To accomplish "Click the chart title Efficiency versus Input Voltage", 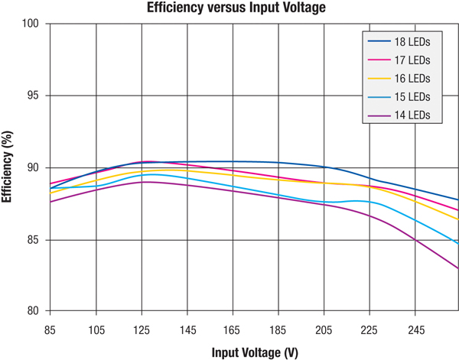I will click(229, 8).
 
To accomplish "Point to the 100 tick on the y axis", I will click(33, 24).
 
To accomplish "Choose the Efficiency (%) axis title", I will click(8, 167).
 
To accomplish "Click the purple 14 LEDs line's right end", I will click(457, 268).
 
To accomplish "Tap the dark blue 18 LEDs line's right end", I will click(457, 199).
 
